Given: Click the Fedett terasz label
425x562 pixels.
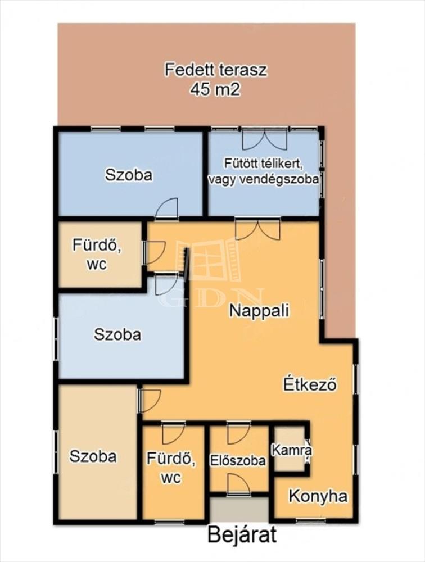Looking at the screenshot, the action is [x=216, y=70].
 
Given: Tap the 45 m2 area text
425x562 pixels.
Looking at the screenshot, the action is [x=215, y=89].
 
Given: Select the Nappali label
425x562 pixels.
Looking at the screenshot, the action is [x=259, y=310].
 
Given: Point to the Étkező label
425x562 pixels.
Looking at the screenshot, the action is [x=310, y=384].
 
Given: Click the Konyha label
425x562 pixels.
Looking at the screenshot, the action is [x=318, y=496].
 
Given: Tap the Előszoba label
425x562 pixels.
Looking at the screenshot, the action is [x=238, y=461].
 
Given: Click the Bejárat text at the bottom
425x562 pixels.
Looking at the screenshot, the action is [x=242, y=536].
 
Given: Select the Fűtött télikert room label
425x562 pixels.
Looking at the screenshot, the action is [x=264, y=164].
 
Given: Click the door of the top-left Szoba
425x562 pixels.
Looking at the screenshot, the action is [x=167, y=209].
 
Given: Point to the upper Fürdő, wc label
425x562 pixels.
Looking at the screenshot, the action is [x=97, y=254].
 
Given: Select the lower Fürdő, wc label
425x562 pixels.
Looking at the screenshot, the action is [x=171, y=468].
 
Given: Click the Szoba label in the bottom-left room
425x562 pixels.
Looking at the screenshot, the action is [x=93, y=456].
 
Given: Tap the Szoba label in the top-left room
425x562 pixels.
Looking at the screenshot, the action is [x=128, y=175].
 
